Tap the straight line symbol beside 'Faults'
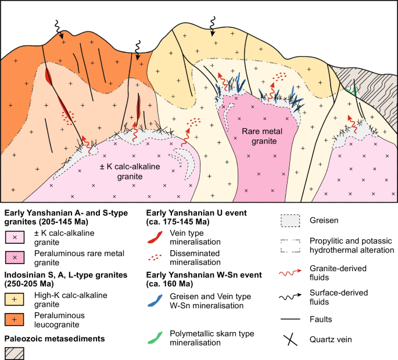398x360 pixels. pos(288,318)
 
